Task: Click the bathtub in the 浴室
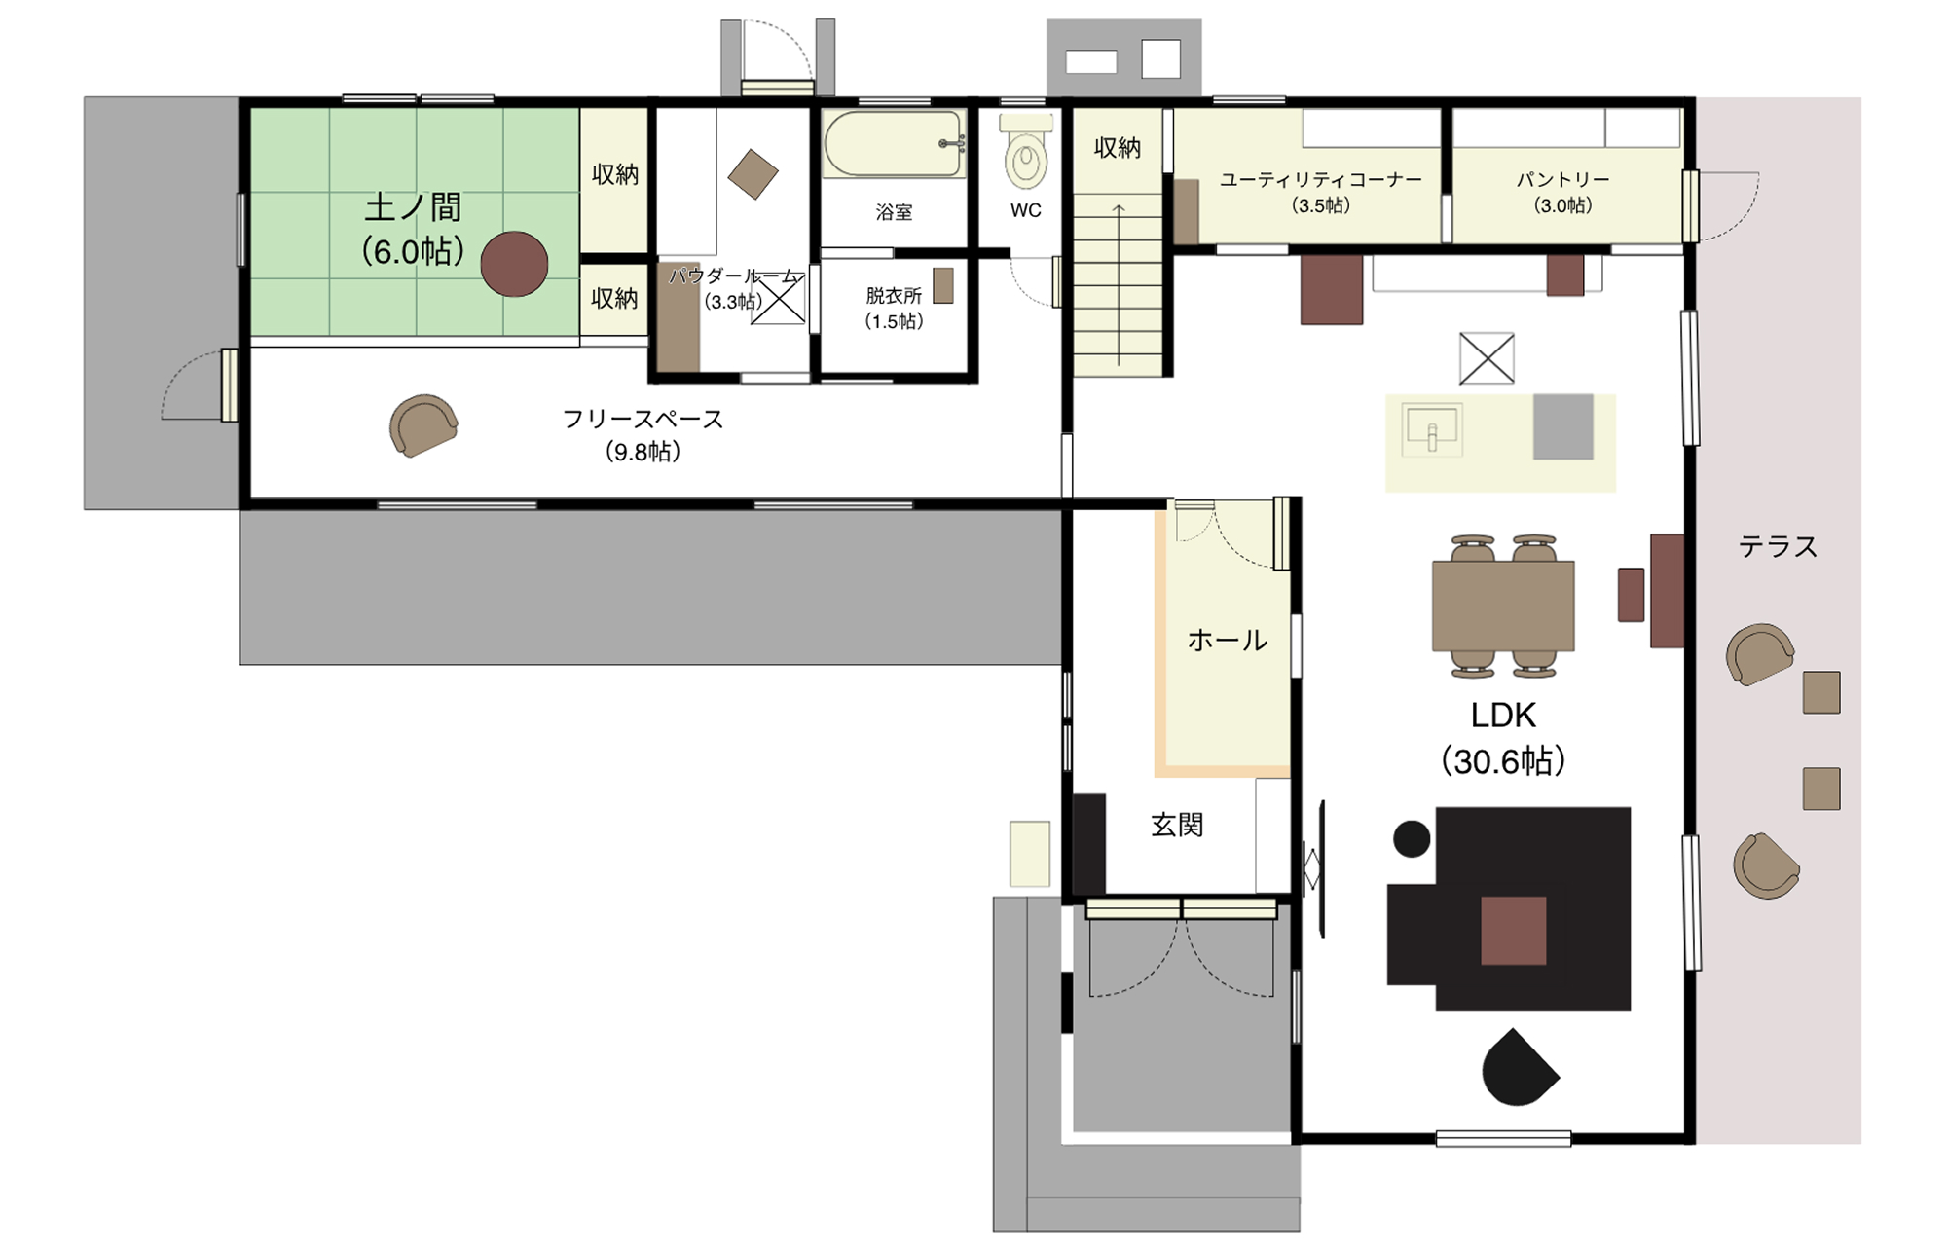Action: click(x=894, y=144)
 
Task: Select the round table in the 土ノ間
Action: click(x=514, y=264)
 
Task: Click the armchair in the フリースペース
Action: click(x=423, y=425)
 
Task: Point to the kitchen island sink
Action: click(x=1431, y=429)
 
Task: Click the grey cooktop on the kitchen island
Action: click(x=1563, y=426)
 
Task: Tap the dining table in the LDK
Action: click(x=1503, y=606)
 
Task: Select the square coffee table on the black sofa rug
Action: click(x=1514, y=931)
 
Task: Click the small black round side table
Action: click(x=1412, y=838)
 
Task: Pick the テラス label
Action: click(x=1778, y=547)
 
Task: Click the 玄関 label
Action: click(x=1177, y=826)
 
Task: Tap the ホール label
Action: click(x=1227, y=641)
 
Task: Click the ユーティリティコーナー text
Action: click(x=1321, y=180)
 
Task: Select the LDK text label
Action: click(x=1503, y=716)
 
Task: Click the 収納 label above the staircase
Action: click(x=1118, y=148)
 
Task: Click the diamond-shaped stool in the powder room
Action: click(x=753, y=174)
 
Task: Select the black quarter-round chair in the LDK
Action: click(x=1519, y=1068)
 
